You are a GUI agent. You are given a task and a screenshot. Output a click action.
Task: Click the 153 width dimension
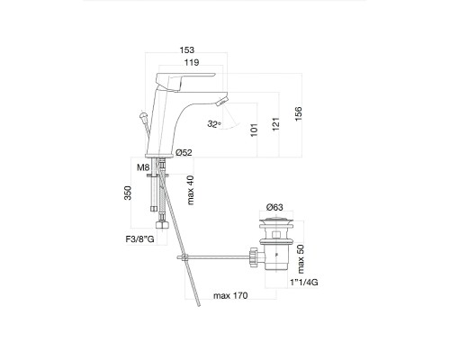[x=187, y=49]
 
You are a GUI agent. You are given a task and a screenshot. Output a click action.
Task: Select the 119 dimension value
[x=192, y=62]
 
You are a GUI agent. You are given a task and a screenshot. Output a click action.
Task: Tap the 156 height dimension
[x=298, y=113]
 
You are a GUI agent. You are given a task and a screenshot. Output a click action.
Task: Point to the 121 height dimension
[x=275, y=124]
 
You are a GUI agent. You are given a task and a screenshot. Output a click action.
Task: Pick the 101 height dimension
[x=254, y=130]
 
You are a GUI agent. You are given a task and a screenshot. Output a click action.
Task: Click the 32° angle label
[x=214, y=124]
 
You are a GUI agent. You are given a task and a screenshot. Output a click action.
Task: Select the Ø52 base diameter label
[x=184, y=153]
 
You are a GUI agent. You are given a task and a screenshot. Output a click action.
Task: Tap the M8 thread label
[x=143, y=167]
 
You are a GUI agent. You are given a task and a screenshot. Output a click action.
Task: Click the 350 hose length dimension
[x=128, y=193]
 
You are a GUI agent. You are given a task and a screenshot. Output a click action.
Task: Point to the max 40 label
[x=191, y=190]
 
